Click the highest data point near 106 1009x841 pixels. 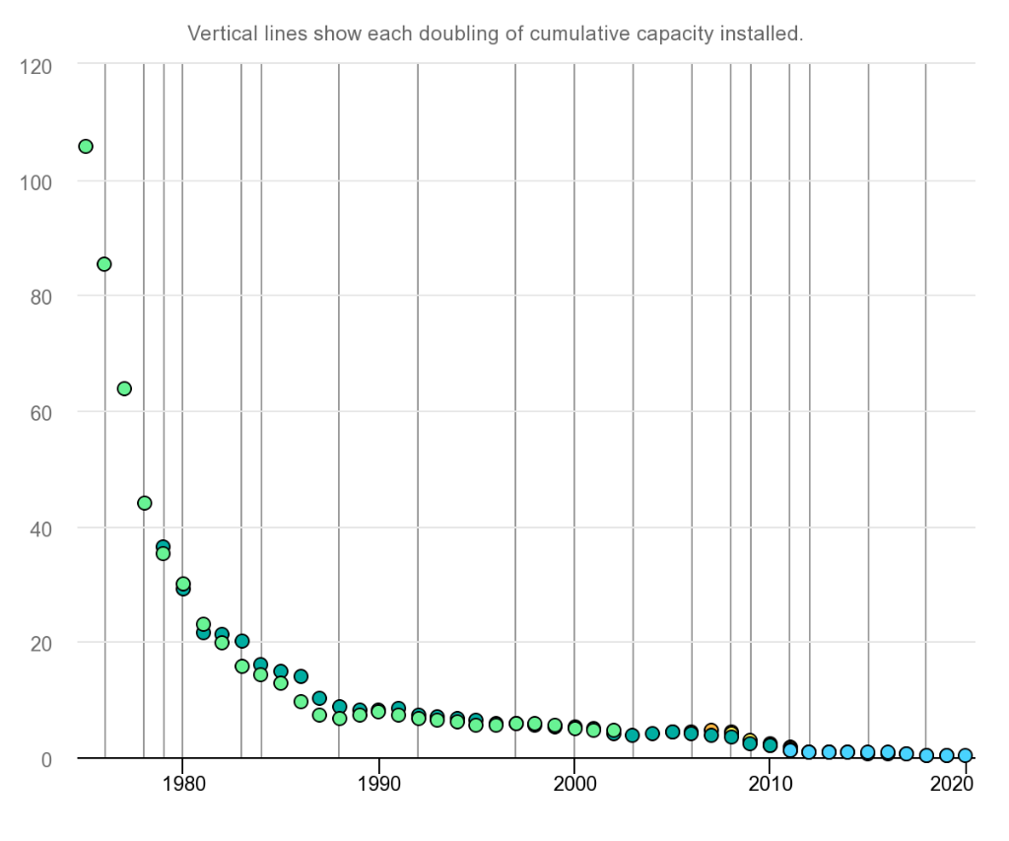86,147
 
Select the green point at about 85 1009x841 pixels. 104,264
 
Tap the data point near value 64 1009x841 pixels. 124,388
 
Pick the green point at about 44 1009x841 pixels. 144,503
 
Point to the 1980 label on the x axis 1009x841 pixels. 182,785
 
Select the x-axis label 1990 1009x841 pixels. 378,785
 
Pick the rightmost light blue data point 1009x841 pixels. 966,755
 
